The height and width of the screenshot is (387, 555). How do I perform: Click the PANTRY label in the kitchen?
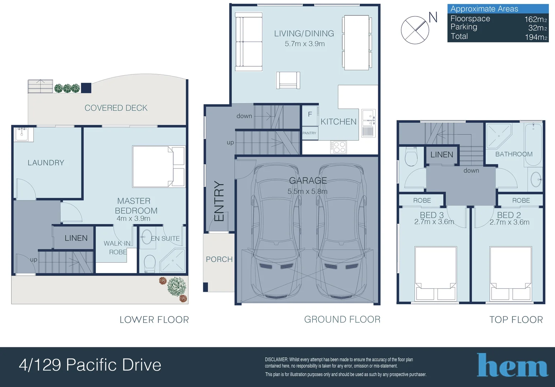[309, 133]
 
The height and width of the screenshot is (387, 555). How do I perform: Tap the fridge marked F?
[310, 115]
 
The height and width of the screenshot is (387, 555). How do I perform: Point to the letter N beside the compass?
[433, 17]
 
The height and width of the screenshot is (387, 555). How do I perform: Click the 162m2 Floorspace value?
[536, 19]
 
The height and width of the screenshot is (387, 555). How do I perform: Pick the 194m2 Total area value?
[536, 37]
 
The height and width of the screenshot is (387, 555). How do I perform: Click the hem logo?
[512, 365]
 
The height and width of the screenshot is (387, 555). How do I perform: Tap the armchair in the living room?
[288, 80]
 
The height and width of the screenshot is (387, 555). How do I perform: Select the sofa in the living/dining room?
[249, 42]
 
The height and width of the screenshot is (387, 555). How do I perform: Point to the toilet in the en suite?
[150, 263]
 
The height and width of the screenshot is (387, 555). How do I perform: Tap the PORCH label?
[219, 259]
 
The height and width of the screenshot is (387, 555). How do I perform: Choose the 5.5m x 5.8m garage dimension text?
[307, 191]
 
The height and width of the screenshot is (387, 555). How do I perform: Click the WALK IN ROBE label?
[117, 248]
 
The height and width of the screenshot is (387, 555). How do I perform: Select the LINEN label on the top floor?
[442, 155]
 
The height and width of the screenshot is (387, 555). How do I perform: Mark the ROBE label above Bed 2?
[521, 200]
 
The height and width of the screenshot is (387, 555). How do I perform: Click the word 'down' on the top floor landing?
[471, 171]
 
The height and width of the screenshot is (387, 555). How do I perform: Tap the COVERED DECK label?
[116, 108]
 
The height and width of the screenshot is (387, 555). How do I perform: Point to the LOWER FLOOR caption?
[154, 320]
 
